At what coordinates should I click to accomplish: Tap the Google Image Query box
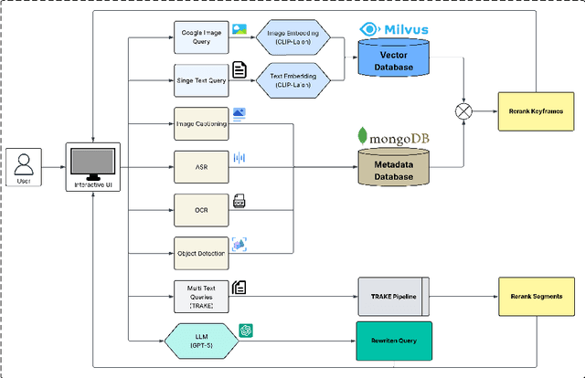tap(200, 37)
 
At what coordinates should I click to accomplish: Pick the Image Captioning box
tap(200, 123)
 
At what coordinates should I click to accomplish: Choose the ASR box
tap(200, 166)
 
